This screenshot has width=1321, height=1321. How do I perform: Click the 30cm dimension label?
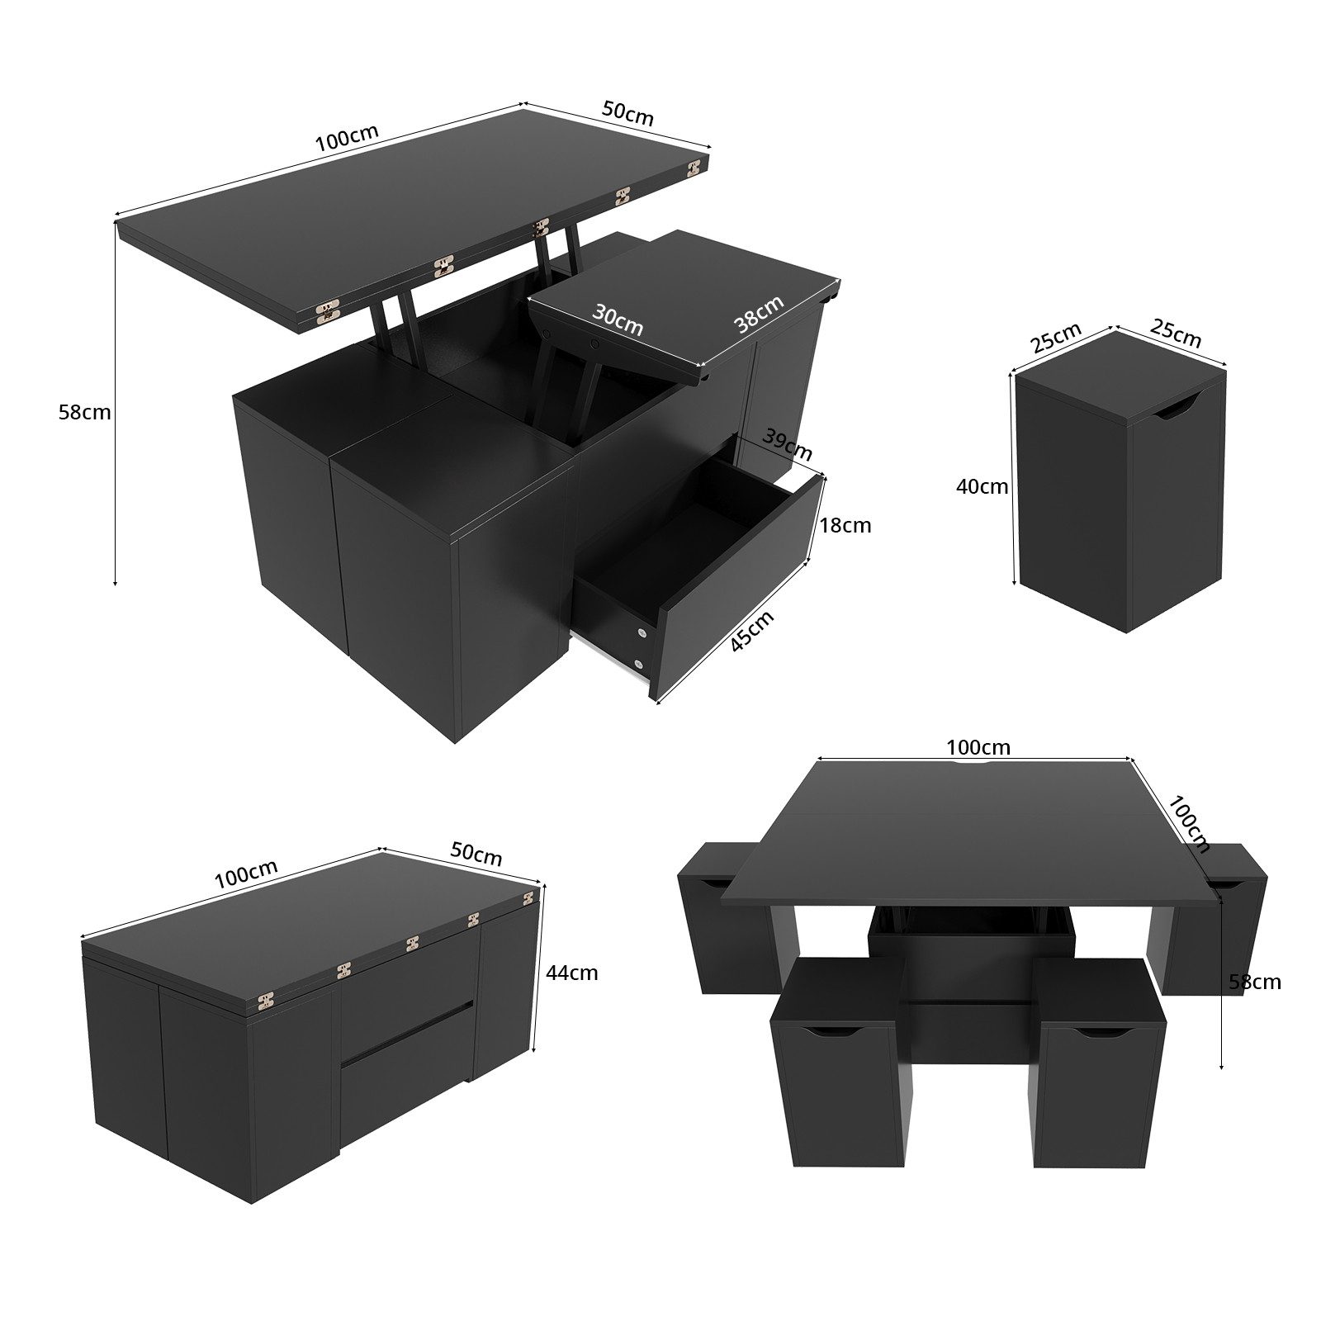(618, 320)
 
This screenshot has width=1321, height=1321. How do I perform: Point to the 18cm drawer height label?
(845, 525)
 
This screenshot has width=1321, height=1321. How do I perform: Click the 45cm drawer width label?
(752, 631)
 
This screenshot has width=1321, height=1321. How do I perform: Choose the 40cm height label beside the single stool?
(982, 486)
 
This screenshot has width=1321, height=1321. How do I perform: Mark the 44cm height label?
(571, 973)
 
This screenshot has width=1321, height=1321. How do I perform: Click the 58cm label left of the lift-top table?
(84, 412)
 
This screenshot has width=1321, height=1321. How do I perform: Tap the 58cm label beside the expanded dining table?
(1254, 982)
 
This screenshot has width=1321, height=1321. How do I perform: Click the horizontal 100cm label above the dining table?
(978, 747)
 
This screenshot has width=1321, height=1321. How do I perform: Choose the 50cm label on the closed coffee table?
(476, 855)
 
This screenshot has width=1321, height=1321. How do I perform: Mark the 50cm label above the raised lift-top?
(628, 113)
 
